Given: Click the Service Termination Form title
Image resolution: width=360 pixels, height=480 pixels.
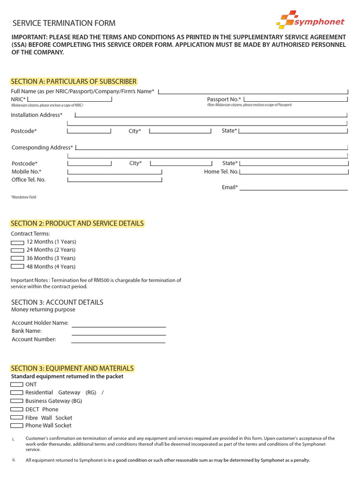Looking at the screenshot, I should point(64,23).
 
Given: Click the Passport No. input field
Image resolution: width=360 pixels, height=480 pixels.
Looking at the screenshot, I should point(296,99).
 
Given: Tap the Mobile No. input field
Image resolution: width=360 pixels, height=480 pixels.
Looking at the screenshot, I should point(115,172).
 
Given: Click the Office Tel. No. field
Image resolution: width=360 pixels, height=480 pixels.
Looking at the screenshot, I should point(115,180).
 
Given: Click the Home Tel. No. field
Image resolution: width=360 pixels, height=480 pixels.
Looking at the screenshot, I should point(294,172).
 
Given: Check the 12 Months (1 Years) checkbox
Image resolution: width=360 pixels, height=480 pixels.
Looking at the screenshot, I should point(17,242).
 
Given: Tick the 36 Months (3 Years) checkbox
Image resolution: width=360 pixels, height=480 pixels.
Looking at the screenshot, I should point(17,258).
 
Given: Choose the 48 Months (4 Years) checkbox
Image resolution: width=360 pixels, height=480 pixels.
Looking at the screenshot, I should point(17,267).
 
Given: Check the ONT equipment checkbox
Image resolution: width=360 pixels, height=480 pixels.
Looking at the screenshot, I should point(17,384).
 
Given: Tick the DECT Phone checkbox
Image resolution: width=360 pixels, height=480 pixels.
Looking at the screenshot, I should point(17,409).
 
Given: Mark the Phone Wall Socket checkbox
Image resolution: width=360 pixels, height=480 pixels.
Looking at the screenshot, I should point(17,426).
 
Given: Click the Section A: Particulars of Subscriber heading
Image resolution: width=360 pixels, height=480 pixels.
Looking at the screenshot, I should point(74,82).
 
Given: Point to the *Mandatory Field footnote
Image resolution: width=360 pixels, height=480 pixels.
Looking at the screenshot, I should point(23,197).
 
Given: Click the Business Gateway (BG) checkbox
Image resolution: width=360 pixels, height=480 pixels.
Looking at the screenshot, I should point(17,401).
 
